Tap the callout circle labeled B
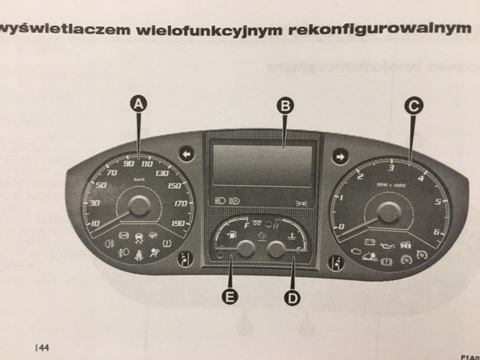pos(284,106)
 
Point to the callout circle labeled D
pos(292,298)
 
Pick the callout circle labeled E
pos(232,297)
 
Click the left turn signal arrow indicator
pos(187,155)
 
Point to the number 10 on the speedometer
pos(95,223)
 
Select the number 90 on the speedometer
pos(129,163)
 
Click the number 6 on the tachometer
pos(436,232)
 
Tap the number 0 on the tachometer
pos(342,226)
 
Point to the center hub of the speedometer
pos(139,206)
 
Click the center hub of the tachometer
pos(388,212)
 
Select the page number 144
pos(42,348)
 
